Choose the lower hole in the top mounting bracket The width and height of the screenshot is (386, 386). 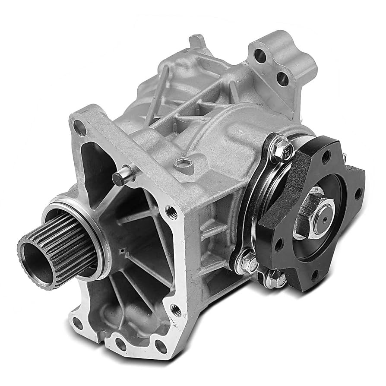(282, 78)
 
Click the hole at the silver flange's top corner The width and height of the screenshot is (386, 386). (79, 127)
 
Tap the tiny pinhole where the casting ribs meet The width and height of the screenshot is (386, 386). (123, 250)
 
